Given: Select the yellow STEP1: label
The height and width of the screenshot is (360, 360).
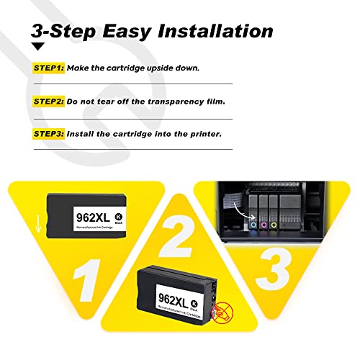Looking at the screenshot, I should click(x=48, y=68).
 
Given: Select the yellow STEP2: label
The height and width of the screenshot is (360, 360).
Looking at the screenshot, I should click(x=48, y=102).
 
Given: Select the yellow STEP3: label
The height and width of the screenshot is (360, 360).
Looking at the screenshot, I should click(x=48, y=135).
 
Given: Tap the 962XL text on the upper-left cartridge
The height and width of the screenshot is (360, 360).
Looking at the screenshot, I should click(x=91, y=214).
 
